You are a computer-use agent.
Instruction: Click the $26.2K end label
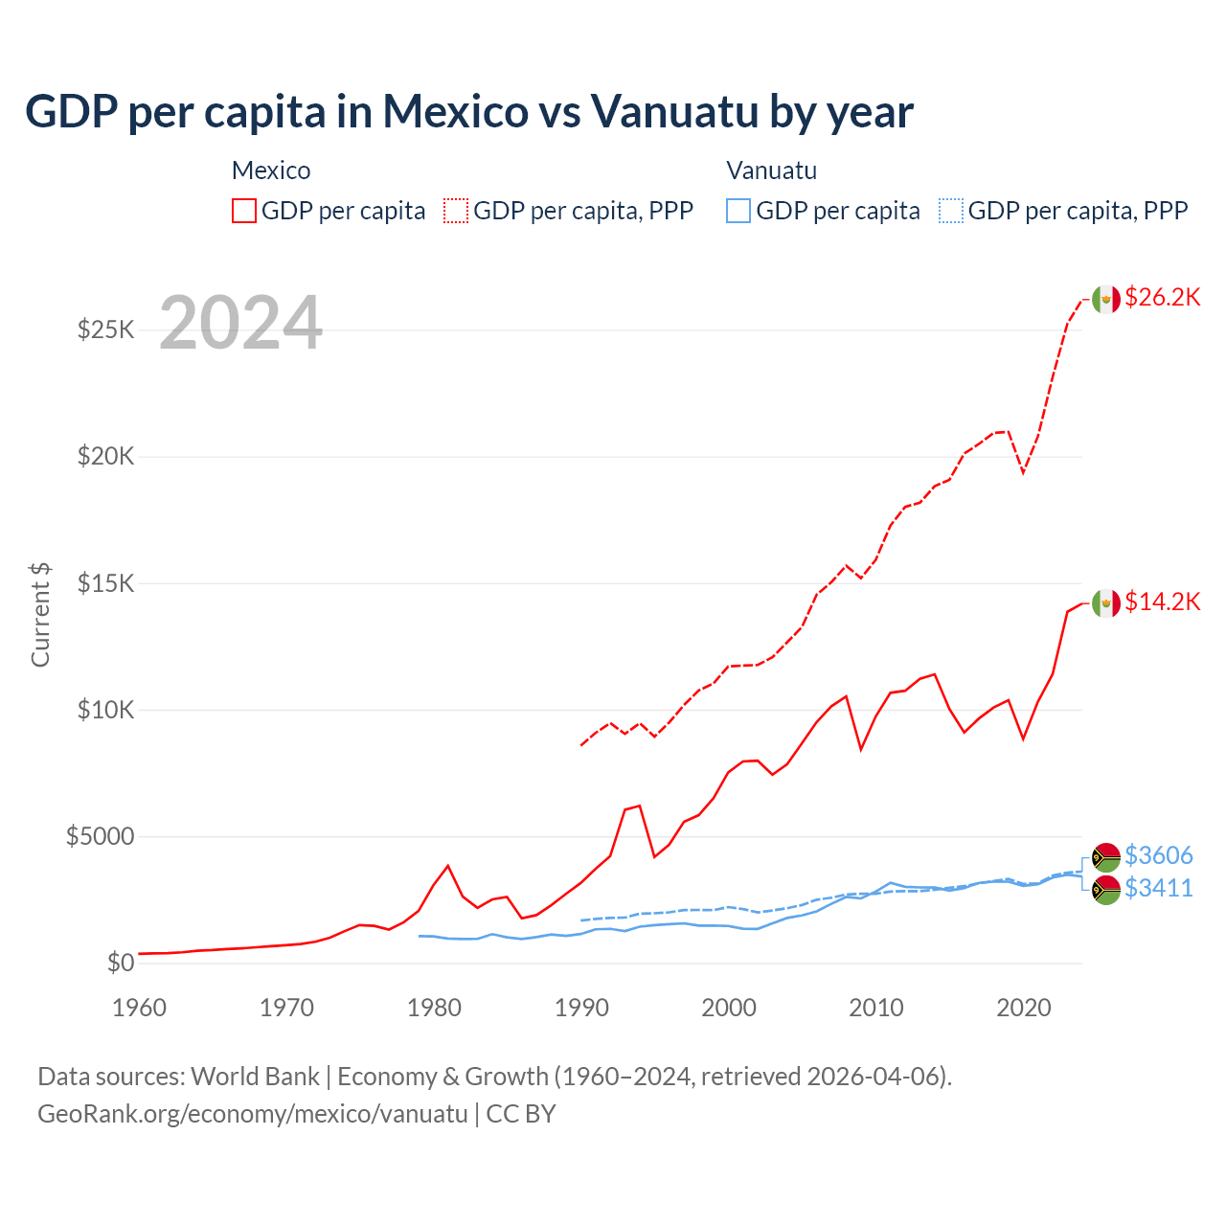point(1162,298)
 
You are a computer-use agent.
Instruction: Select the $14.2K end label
point(1162,602)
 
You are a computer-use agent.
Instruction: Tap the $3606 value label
point(1158,855)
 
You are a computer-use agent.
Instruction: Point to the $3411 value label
point(1158,889)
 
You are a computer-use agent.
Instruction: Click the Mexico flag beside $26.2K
point(1106,299)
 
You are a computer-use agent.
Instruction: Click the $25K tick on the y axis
point(105,330)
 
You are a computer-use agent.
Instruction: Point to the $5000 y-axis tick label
point(100,836)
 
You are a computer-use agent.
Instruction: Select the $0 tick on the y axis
point(120,963)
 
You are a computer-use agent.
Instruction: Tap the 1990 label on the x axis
point(581,1008)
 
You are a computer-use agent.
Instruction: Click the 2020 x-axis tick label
point(1024,1008)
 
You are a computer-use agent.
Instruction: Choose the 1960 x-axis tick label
point(140,1008)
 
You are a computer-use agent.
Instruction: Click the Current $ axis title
point(40,615)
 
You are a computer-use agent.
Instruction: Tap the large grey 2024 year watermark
point(240,324)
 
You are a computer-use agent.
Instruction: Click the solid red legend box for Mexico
point(244,211)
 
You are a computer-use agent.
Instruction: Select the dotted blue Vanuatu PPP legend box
point(951,211)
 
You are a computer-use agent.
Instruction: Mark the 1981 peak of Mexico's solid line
point(447,866)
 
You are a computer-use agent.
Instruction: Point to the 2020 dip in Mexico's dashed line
point(1023,472)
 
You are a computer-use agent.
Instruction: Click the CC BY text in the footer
point(521,1114)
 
